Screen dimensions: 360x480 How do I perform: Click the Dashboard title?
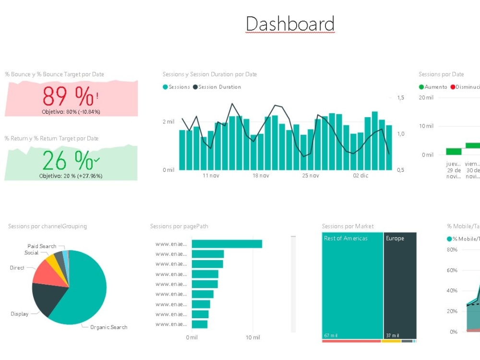pyautogui.click(x=290, y=24)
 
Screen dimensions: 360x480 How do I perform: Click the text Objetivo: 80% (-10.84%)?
pyautogui.click(x=71, y=112)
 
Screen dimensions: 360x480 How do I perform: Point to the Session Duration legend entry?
pyautogui.click(x=219, y=87)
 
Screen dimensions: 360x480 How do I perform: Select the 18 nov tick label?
pyautogui.click(x=261, y=176)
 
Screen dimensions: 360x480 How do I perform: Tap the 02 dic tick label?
pyautogui.click(x=360, y=176)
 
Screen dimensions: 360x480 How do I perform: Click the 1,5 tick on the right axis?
pyautogui.click(x=400, y=98)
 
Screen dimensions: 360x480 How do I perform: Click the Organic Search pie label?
pyautogui.click(x=109, y=327)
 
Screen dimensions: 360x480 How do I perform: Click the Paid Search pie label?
pyautogui.click(x=42, y=246)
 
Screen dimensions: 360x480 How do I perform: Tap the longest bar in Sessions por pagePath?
pyautogui.click(x=227, y=244)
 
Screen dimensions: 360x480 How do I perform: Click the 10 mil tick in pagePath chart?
pyautogui.click(x=253, y=338)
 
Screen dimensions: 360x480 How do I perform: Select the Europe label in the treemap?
pyautogui.click(x=395, y=239)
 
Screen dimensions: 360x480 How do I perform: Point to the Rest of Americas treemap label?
pyautogui.click(x=346, y=239)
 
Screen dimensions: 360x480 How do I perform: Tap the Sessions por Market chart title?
pyautogui.click(x=348, y=227)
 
